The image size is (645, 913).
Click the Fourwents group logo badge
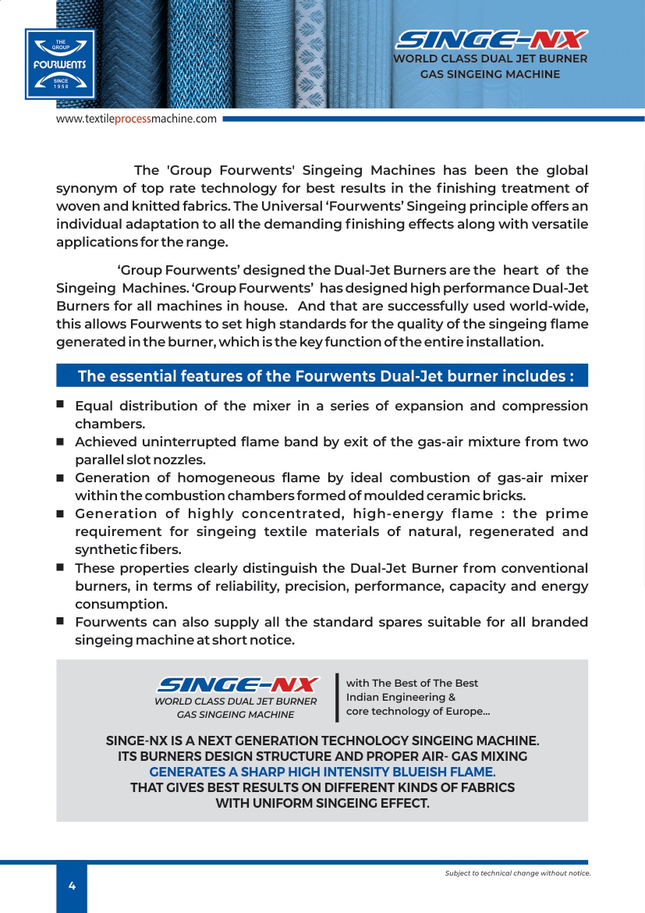pyautogui.click(x=59, y=65)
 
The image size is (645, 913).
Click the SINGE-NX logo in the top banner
pyautogui.click(x=491, y=40)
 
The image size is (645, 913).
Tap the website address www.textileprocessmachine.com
pyautogui.click(x=136, y=119)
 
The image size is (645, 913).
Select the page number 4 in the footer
pyautogui.click(x=72, y=886)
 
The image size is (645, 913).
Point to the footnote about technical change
pyautogui.click(x=517, y=873)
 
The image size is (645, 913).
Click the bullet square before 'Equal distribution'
pyautogui.click(x=60, y=405)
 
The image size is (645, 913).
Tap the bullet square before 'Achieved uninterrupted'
pyautogui.click(x=60, y=441)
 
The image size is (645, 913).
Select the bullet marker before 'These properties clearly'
pyautogui.click(x=60, y=567)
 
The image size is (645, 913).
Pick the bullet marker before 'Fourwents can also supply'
pyautogui.click(x=60, y=621)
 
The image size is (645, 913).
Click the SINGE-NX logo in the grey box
pyautogui.click(x=237, y=684)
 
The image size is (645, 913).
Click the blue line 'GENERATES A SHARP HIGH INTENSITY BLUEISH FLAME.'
pyautogui.click(x=322, y=772)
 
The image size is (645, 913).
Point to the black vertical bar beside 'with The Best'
pyautogui.click(x=337, y=697)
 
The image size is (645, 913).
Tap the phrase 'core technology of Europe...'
pyautogui.click(x=418, y=711)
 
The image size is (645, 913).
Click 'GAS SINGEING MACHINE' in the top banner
pyautogui.click(x=490, y=74)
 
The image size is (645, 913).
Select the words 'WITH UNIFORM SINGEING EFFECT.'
pyautogui.click(x=322, y=803)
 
